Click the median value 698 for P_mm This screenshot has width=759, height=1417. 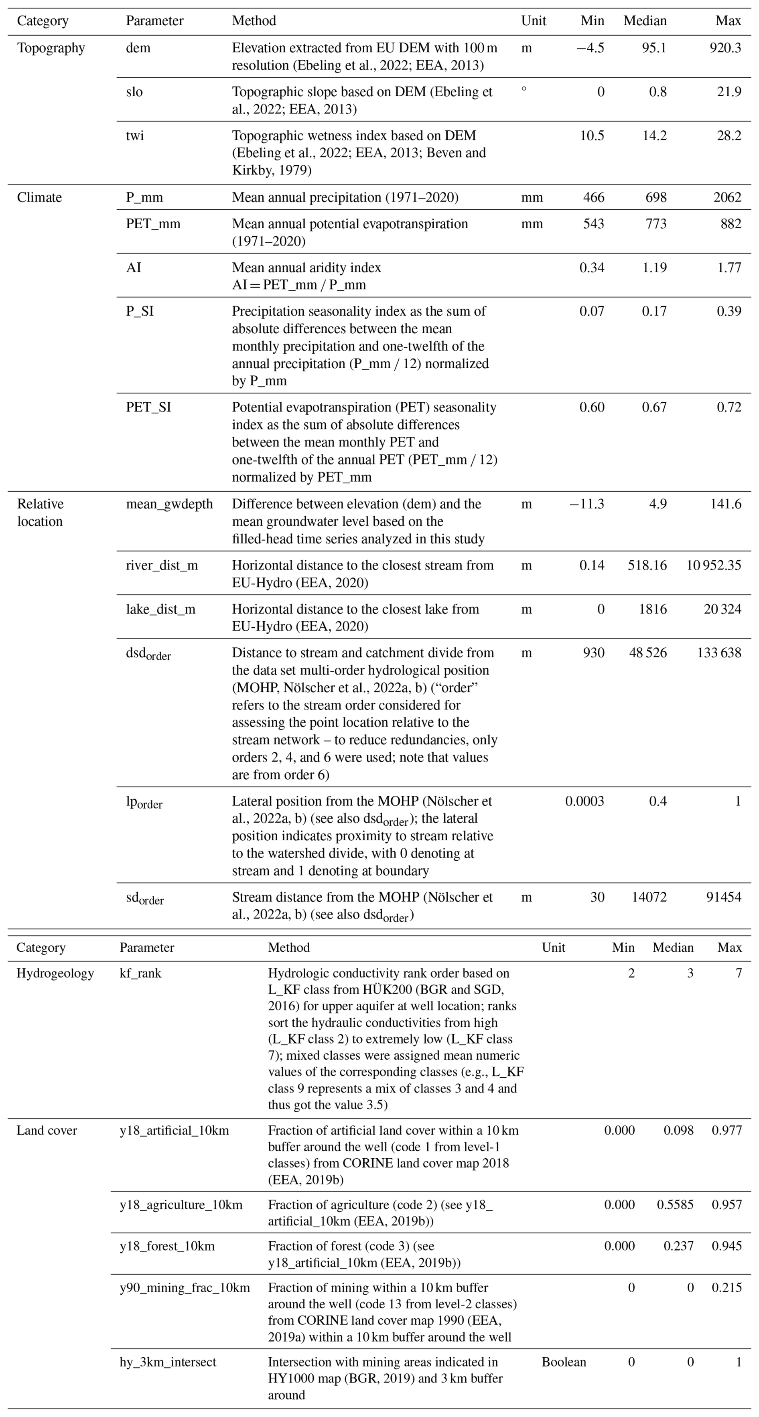(655, 197)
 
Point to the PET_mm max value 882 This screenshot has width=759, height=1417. (731, 224)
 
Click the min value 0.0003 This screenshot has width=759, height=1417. (584, 801)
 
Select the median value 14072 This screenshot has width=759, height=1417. (649, 897)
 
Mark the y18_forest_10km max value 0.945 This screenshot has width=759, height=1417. (727, 1246)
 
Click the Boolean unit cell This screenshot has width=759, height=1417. (564, 1362)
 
